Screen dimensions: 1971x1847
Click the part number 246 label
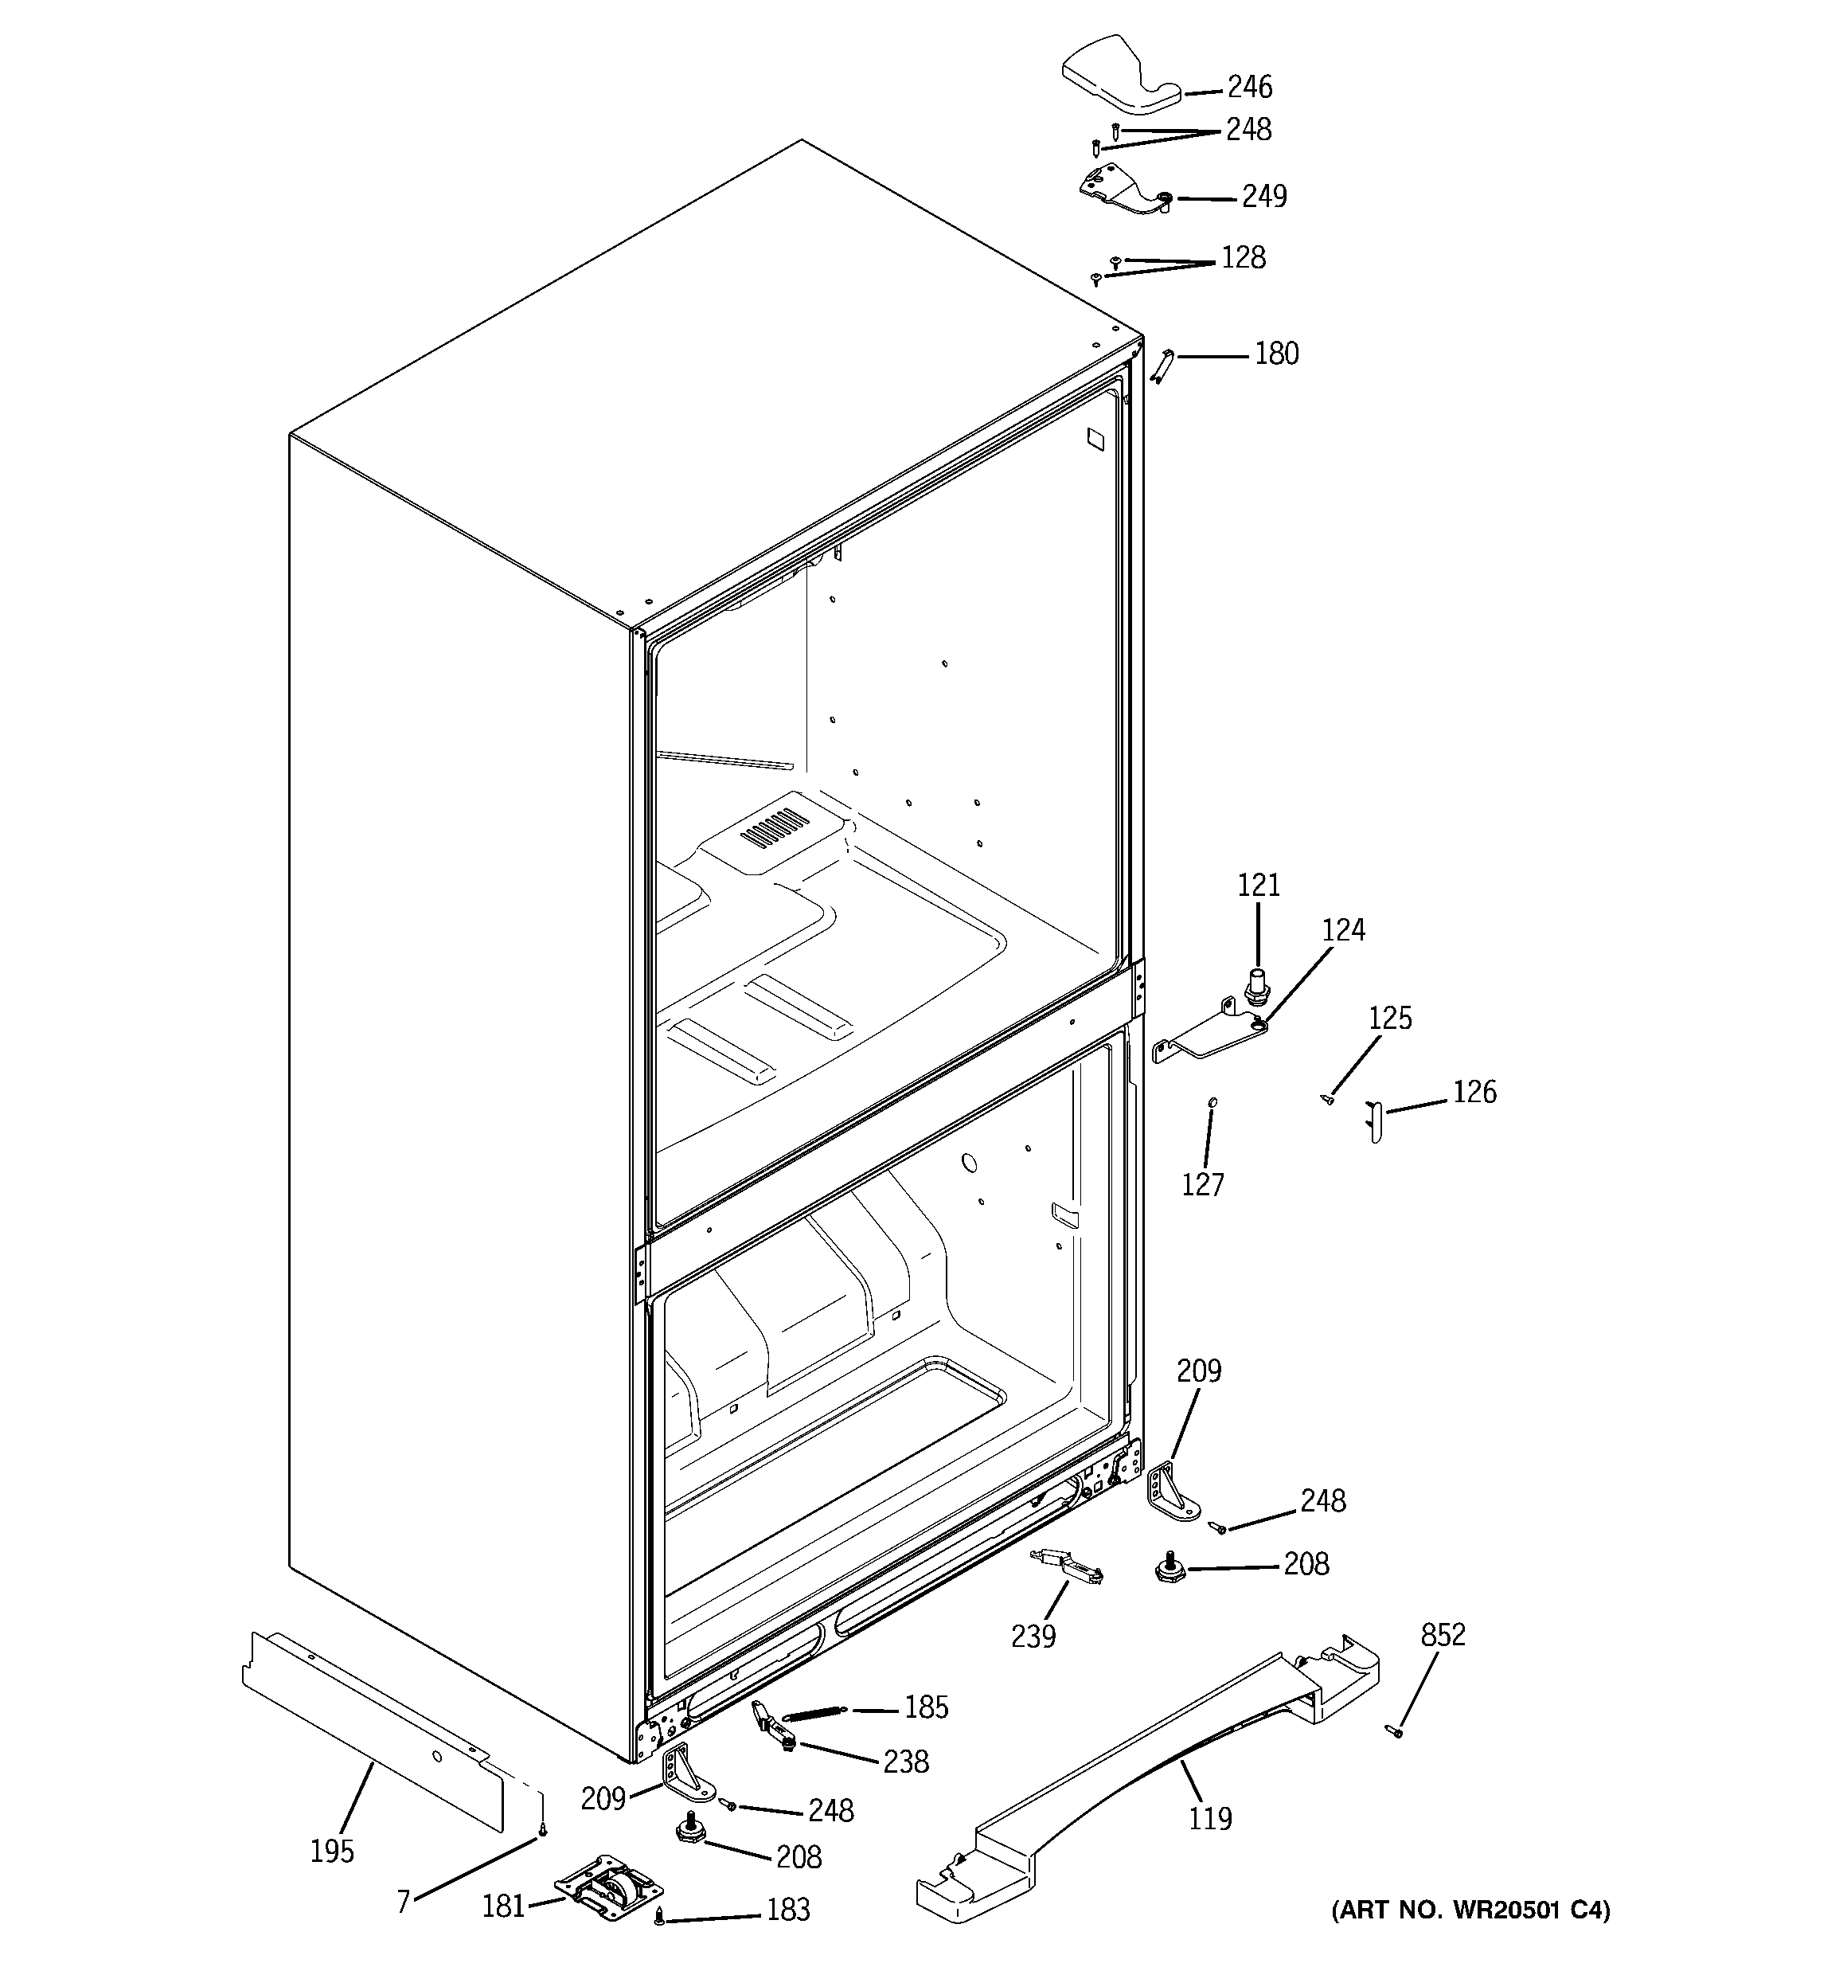pyautogui.click(x=1249, y=88)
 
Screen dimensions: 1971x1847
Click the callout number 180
pyautogui.click(x=1276, y=354)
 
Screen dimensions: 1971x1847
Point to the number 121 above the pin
pyautogui.click(x=1258, y=886)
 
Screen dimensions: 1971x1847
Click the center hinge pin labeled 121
pyautogui.click(x=1257, y=987)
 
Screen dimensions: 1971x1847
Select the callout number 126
pyautogui.click(x=1474, y=1093)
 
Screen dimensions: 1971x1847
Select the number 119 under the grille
pyautogui.click(x=1209, y=1818)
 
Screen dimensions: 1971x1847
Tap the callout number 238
pyautogui.click(x=905, y=1762)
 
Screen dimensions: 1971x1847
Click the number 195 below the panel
pyautogui.click(x=331, y=1850)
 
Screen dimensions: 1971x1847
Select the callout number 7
pyautogui.click(x=404, y=1902)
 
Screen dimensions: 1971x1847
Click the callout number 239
pyautogui.click(x=1033, y=1636)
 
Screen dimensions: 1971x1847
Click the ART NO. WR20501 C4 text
pyautogui.click(x=1470, y=1910)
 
